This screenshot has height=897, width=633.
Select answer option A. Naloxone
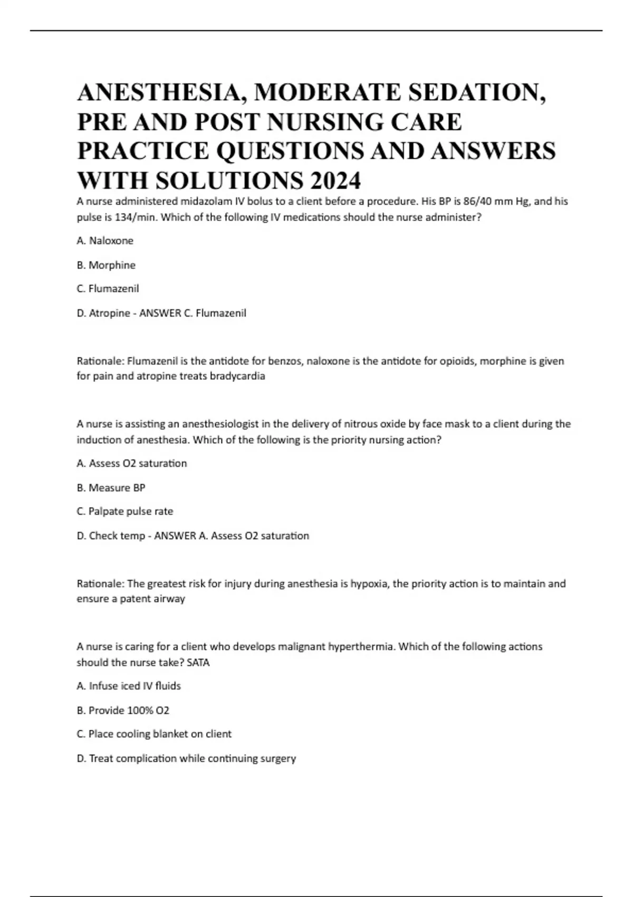click(x=105, y=241)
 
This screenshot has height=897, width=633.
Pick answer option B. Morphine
click(x=106, y=265)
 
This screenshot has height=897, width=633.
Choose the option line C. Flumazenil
click(x=108, y=289)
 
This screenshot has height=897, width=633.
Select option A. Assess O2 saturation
click(x=132, y=463)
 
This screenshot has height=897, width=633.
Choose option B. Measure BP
click(x=111, y=488)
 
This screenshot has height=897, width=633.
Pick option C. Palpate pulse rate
click(x=125, y=511)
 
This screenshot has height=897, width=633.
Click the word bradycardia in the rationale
click(x=237, y=376)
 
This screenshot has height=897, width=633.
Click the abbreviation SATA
click(x=198, y=662)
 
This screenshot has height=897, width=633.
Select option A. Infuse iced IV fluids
click(x=129, y=686)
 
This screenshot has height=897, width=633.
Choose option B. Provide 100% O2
click(x=123, y=710)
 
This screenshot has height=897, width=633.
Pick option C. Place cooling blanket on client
click(x=154, y=734)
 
